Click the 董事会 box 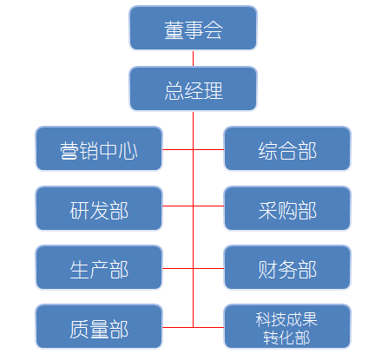193,28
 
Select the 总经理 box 193,88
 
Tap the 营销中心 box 99,148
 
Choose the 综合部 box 287,148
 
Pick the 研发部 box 99,208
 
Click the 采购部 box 287,208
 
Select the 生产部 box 99,268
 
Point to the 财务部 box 287,268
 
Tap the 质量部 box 99,327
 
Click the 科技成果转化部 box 287,327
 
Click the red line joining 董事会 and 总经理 193,59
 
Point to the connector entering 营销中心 178,149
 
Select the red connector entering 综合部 208,149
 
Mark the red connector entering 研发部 178,206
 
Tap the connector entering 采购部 208,206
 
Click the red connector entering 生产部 178,268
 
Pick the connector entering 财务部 208,268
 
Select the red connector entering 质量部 178,327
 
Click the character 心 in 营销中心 128,151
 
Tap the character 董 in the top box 174,30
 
